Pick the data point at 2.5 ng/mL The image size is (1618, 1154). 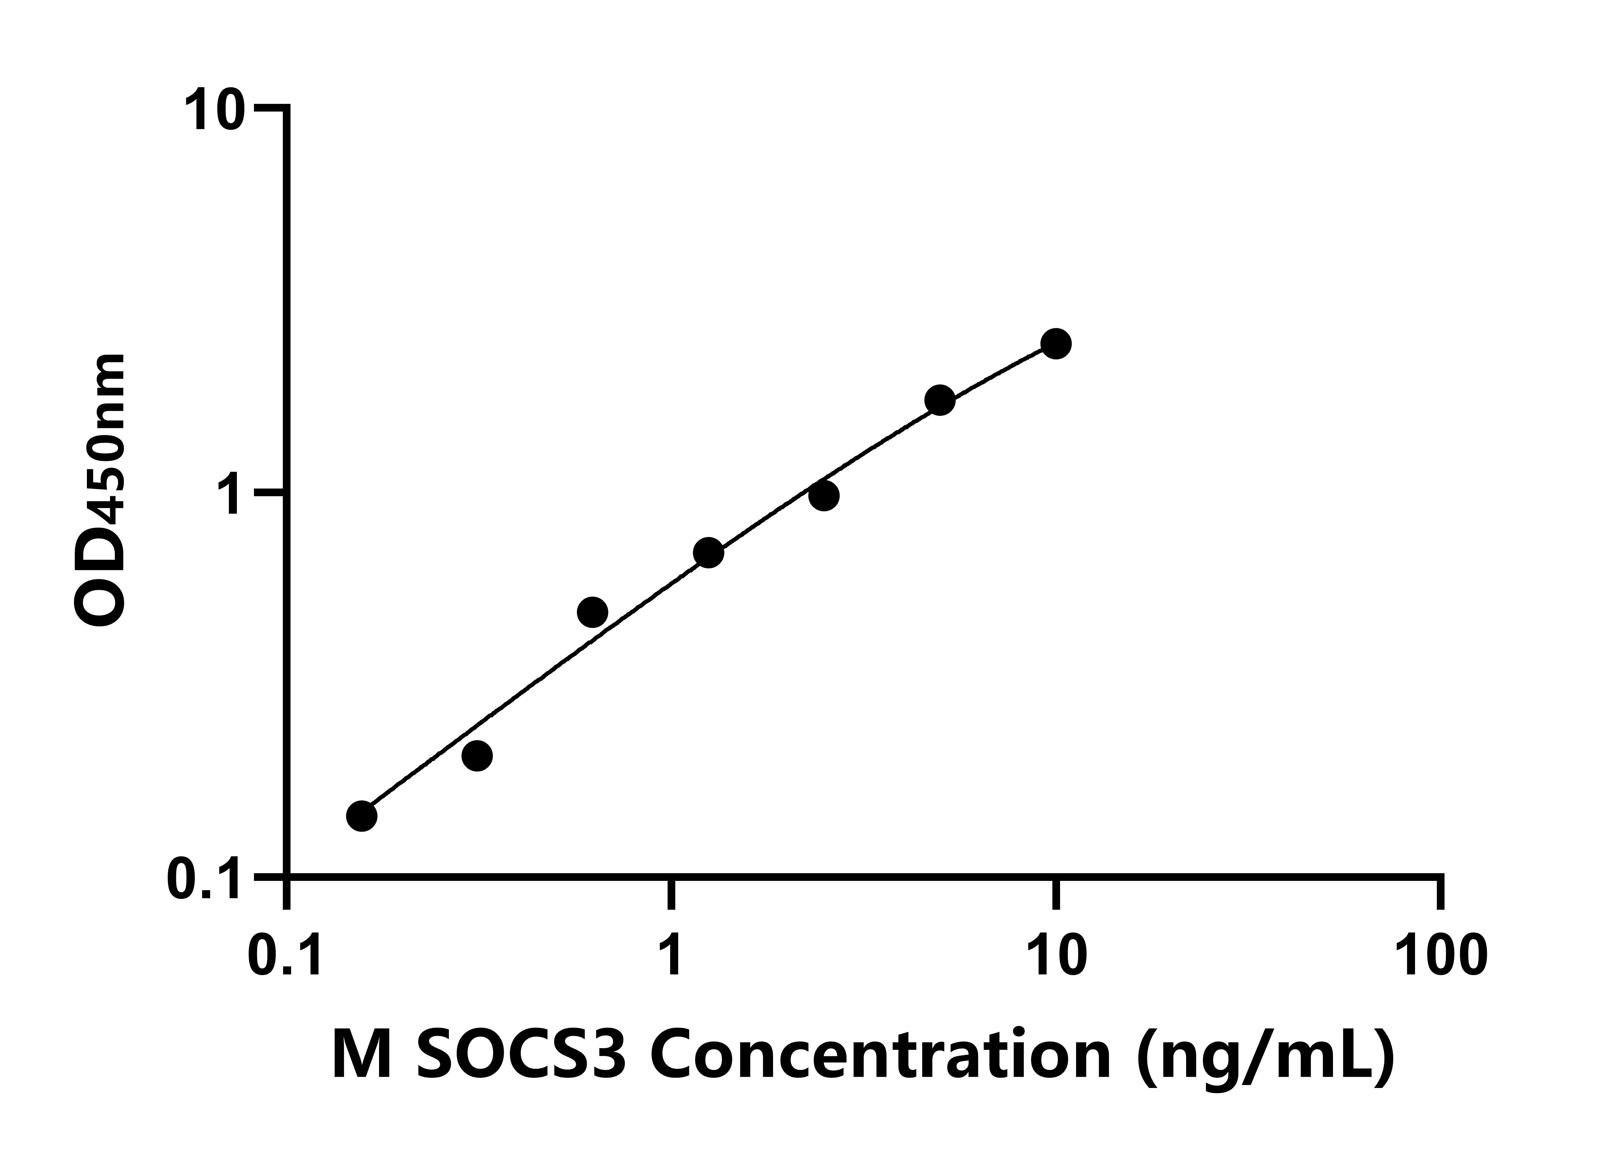pyautogui.click(x=823, y=495)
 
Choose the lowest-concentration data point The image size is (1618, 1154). pyautogui.click(x=362, y=816)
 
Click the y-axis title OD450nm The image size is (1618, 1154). pyautogui.click(x=101, y=490)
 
